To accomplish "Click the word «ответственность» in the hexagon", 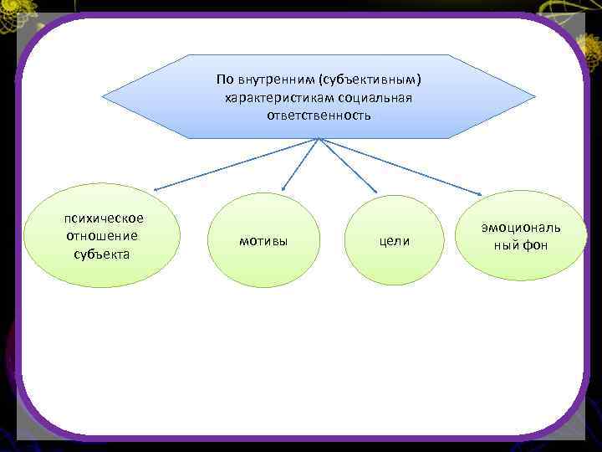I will tap(319, 116).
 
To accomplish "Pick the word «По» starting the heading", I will tap(224, 80).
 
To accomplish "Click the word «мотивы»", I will tap(263, 241).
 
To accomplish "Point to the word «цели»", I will tap(395, 241).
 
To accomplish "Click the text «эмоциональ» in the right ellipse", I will tap(521, 228).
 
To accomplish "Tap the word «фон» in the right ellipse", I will tap(535, 246).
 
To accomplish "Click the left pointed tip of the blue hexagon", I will tap(103, 96).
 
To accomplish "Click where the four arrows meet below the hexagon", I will tap(319, 138).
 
